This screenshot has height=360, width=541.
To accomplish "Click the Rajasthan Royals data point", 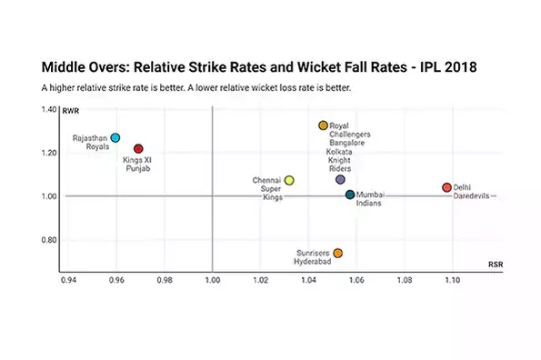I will (x=115, y=138).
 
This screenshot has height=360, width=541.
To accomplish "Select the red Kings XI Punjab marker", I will (x=138, y=148).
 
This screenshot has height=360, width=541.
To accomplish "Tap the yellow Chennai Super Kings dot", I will (x=289, y=180).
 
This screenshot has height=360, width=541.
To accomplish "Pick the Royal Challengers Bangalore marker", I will (x=323, y=125).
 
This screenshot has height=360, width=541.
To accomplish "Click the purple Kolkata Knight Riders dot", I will (x=340, y=180).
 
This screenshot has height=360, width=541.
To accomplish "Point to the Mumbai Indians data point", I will (x=350, y=195).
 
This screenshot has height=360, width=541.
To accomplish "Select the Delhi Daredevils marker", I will (x=446, y=187).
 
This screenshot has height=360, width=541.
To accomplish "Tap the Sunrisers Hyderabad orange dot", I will (x=337, y=254).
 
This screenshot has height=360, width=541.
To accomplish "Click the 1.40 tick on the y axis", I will (x=48, y=109).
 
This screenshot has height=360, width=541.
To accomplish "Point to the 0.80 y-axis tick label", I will (x=48, y=241).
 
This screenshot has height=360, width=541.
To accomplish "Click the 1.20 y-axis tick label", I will (x=48, y=153).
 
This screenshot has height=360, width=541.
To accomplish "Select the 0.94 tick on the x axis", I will (x=68, y=282).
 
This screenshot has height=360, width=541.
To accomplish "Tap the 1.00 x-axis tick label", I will (x=212, y=282).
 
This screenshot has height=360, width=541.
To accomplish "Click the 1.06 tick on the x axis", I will (x=356, y=282).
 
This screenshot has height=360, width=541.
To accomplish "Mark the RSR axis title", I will (x=496, y=265).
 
